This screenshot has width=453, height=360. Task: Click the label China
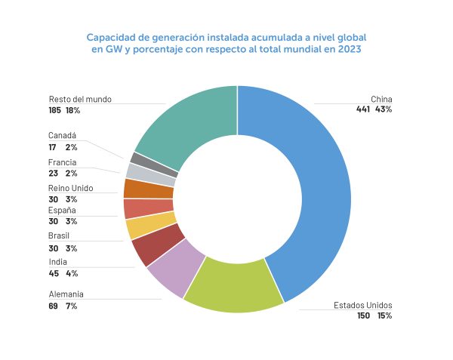[381, 99]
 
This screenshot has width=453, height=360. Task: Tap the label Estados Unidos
[363, 305]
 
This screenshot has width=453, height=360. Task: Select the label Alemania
[66, 294]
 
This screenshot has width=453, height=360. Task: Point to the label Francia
[62, 162]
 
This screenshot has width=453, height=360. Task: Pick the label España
[62, 211]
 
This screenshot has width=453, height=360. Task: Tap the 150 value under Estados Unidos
[364, 315]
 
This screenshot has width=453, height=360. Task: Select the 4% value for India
[72, 273]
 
